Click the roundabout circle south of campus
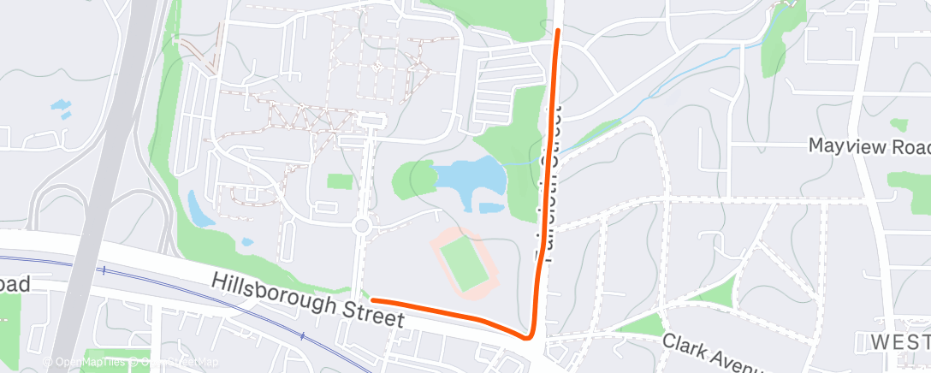click(x=361, y=227)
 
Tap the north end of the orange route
click(x=558, y=31)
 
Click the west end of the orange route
click(x=373, y=300)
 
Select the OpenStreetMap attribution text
click(x=175, y=362)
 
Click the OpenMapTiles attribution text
click(x=85, y=362)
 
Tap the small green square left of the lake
click(x=340, y=181)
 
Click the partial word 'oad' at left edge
click(x=15, y=285)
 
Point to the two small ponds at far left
click(x=62, y=110)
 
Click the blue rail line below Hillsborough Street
click(x=214, y=299)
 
